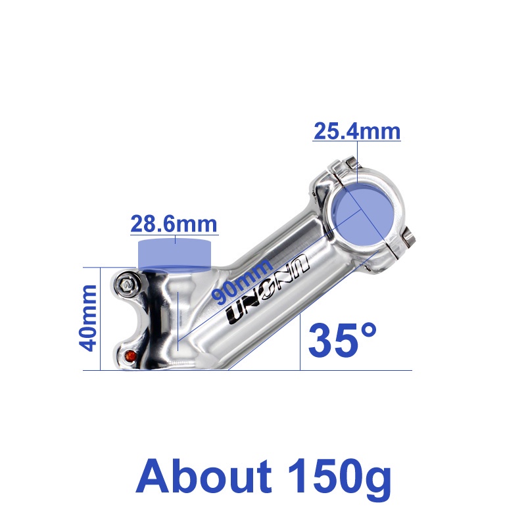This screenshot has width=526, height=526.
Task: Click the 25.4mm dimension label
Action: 357,131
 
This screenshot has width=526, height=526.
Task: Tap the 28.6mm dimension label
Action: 174,224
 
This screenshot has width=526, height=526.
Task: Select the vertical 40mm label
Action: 87,318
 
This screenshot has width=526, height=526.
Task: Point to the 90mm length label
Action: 243,281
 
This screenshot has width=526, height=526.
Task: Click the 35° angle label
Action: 342,340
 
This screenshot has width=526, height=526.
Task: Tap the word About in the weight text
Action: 204,476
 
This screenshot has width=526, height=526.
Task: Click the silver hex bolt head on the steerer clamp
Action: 127,285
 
